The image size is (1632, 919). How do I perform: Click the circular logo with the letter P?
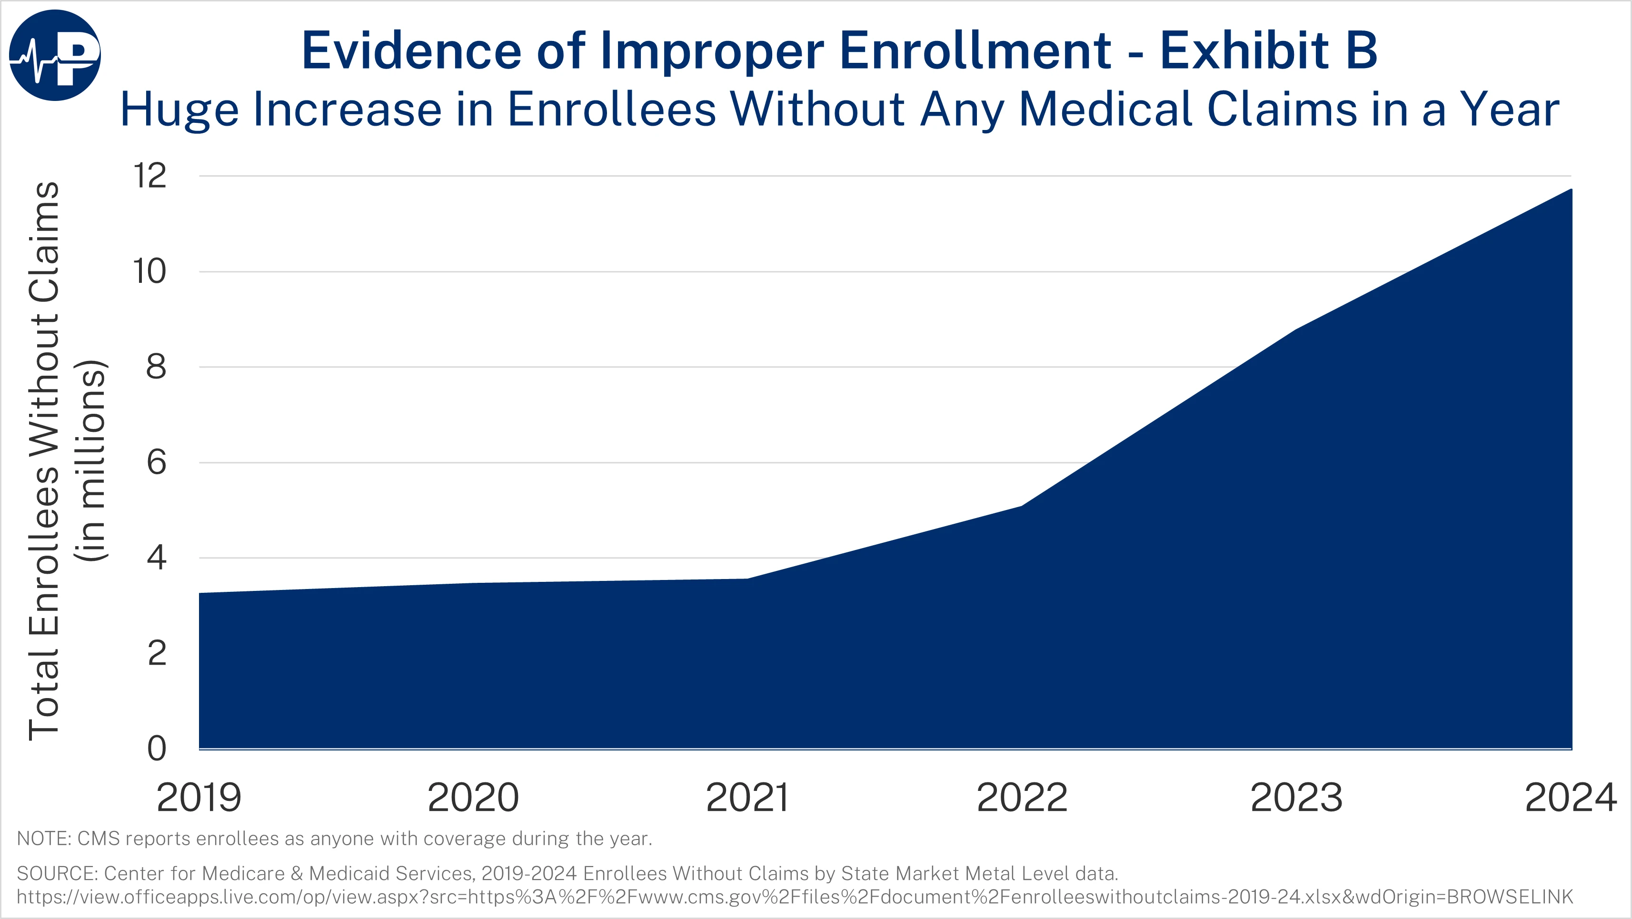coord(55,55)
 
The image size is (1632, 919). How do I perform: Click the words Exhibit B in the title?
coord(1268,50)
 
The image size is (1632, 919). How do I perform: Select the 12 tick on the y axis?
coord(149,176)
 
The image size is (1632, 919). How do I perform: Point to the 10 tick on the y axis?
coord(149,271)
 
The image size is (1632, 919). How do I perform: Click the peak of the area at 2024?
coord(1570,190)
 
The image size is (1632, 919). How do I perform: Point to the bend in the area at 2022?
coord(1022,506)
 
